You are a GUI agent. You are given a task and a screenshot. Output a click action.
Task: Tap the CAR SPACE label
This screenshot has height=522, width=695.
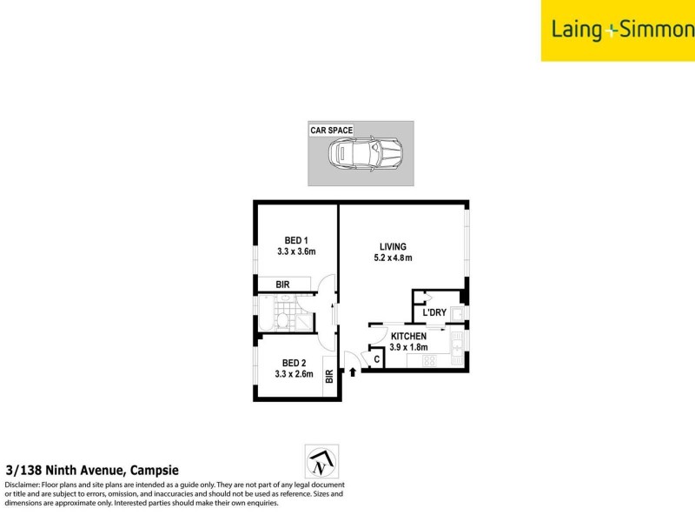[332, 130]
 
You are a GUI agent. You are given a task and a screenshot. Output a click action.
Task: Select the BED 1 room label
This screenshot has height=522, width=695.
[297, 241]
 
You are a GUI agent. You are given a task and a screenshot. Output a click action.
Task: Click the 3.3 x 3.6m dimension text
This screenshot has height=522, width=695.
[296, 252]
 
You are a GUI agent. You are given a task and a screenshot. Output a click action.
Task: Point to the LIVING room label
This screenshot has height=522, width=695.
[392, 246]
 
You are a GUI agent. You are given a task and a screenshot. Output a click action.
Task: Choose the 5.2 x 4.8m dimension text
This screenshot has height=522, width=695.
[392, 258]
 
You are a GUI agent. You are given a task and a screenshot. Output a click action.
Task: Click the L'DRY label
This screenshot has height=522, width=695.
[434, 313]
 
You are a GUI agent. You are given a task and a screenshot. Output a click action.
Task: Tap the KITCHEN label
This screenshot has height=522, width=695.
[408, 336]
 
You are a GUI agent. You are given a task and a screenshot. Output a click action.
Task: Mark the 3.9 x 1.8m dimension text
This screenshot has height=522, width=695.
[409, 347]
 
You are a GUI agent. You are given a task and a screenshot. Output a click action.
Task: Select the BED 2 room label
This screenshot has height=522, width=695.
[293, 363]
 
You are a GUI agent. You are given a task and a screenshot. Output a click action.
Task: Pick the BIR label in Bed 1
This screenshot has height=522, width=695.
[282, 284]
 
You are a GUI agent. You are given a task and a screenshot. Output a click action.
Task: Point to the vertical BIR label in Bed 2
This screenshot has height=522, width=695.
[329, 377]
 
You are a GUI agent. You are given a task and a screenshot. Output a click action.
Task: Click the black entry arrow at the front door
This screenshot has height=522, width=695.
[353, 371]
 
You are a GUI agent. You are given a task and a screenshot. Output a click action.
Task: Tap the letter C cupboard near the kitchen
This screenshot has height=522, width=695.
[377, 358]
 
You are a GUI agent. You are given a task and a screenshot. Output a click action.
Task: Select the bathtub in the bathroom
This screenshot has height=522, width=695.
[267, 312]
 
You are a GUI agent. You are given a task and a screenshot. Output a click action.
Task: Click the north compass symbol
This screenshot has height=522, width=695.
[321, 462]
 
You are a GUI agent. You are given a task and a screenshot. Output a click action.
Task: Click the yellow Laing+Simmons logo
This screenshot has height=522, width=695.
[618, 30]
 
